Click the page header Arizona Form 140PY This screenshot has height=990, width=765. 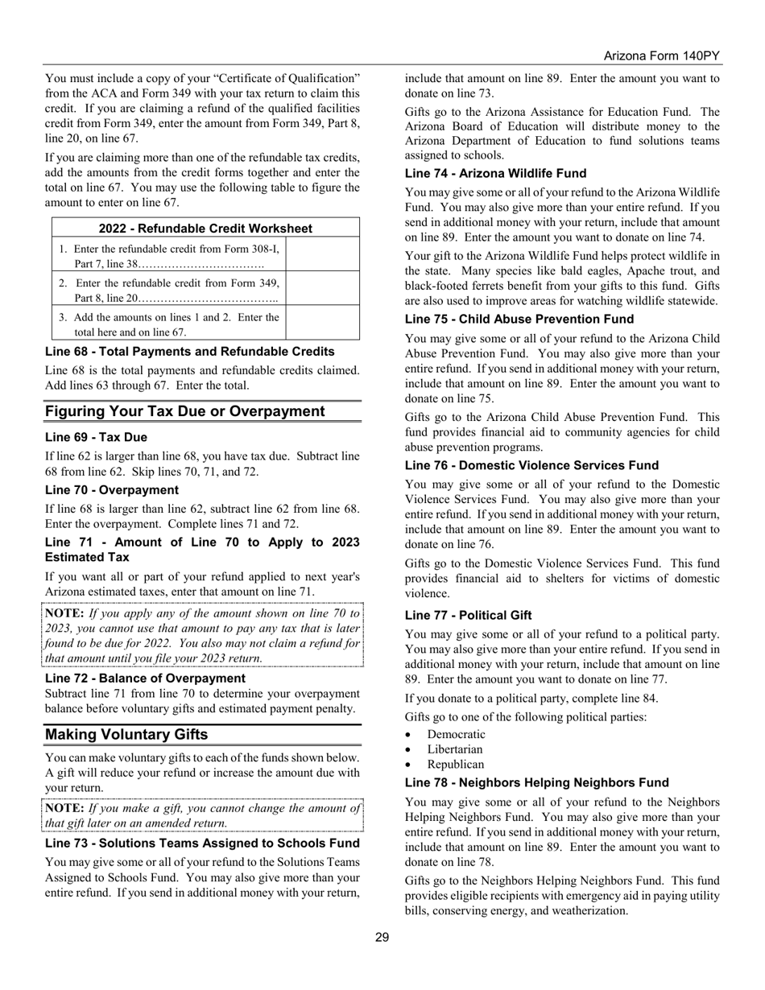click(661, 56)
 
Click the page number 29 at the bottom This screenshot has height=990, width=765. click(382, 937)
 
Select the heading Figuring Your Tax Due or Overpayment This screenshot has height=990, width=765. click(185, 411)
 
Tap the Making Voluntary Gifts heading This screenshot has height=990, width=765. click(126, 734)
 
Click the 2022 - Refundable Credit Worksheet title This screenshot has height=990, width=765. click(205, 229)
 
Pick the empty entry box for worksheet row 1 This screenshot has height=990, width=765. click(323, 255)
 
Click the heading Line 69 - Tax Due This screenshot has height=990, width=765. click(96, 437)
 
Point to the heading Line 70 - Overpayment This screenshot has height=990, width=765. click(112, 489)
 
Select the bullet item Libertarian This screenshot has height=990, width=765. click(455, 749)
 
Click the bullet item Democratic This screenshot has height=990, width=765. click(457, 734)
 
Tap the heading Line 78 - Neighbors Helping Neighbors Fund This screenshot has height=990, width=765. click(536, 782)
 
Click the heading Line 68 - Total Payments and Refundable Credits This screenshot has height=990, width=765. click(189, 351)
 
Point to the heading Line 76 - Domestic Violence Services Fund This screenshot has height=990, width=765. click(531, 465)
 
